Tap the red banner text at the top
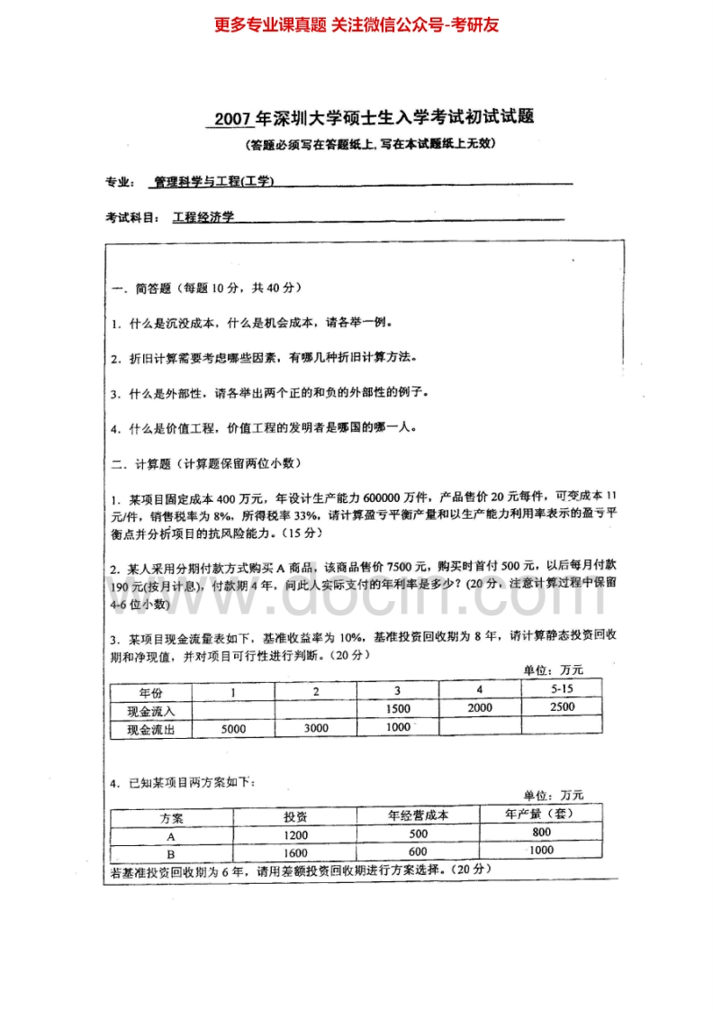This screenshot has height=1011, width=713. tap(356, 25)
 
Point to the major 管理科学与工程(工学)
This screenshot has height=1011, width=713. tap(214, 181)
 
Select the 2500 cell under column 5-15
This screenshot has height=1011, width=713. tap(561, 707)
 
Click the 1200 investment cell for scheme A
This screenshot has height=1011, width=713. tap(295, 835)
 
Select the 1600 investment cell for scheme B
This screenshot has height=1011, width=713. tap(295, 853)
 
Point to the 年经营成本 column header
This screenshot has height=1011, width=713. tap(418, 815)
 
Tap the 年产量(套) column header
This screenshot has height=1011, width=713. tap(540, 813)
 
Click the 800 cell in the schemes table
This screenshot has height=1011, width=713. tap(541, 832)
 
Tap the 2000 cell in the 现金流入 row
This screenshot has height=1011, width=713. tap(480, 708)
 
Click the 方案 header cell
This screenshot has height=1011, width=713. tap(171, 817)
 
